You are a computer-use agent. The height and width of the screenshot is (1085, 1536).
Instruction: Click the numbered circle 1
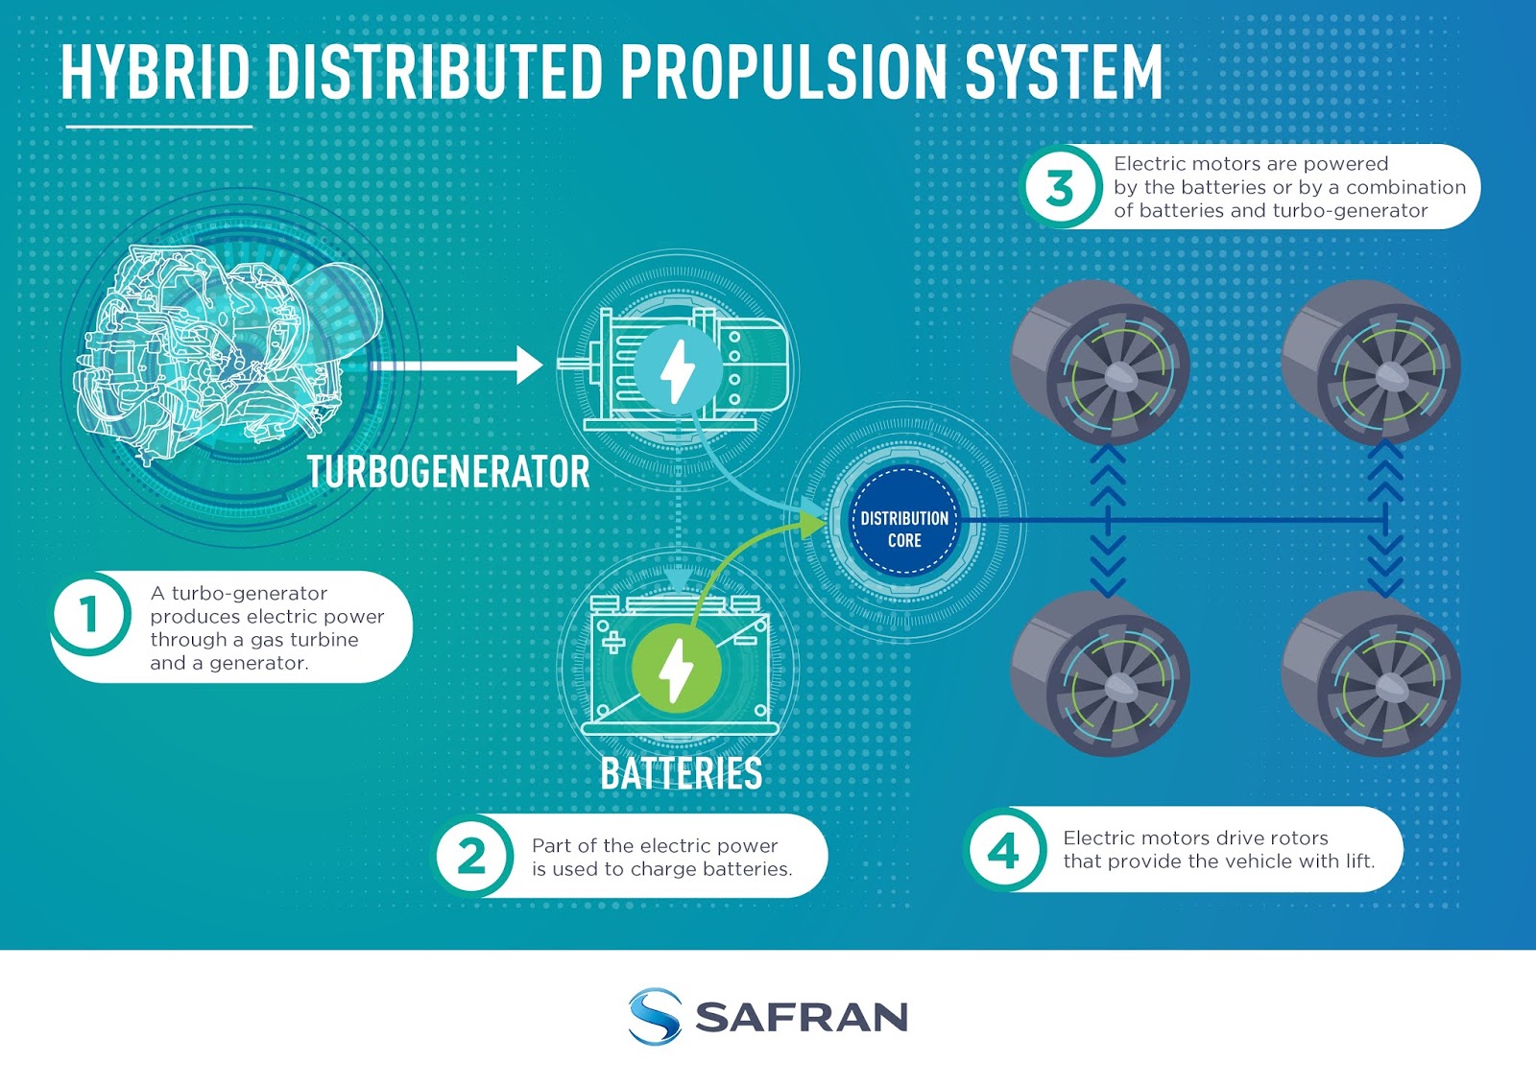[x=89, y=614]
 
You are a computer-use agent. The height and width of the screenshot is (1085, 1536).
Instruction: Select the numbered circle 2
[x=471, y=856]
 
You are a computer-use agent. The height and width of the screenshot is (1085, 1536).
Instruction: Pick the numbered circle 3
[x=1060, y=188]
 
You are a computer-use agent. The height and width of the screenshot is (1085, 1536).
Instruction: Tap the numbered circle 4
[x=1003, y=850]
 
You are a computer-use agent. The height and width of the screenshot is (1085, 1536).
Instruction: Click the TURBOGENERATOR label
[x=448, y=472]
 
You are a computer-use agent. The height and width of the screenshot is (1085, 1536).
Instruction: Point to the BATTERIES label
[x=681, y=774]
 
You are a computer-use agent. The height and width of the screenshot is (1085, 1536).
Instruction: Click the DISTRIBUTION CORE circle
[x=904, y=529]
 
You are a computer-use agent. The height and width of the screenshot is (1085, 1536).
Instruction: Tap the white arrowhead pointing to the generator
[x=529, y=366]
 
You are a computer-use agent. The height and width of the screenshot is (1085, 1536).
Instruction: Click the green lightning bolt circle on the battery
[x=676, y=668]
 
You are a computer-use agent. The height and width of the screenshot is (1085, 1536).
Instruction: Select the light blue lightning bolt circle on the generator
[x=678, y=370]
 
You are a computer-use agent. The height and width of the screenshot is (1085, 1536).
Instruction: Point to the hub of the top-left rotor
[x=1116, y=376]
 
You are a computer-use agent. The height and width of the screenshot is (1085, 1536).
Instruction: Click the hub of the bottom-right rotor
[x=1388, y=686]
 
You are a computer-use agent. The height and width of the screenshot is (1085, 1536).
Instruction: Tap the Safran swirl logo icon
[x=655, y=1016]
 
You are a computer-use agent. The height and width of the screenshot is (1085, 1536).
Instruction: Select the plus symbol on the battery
[x=612, y=642]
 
